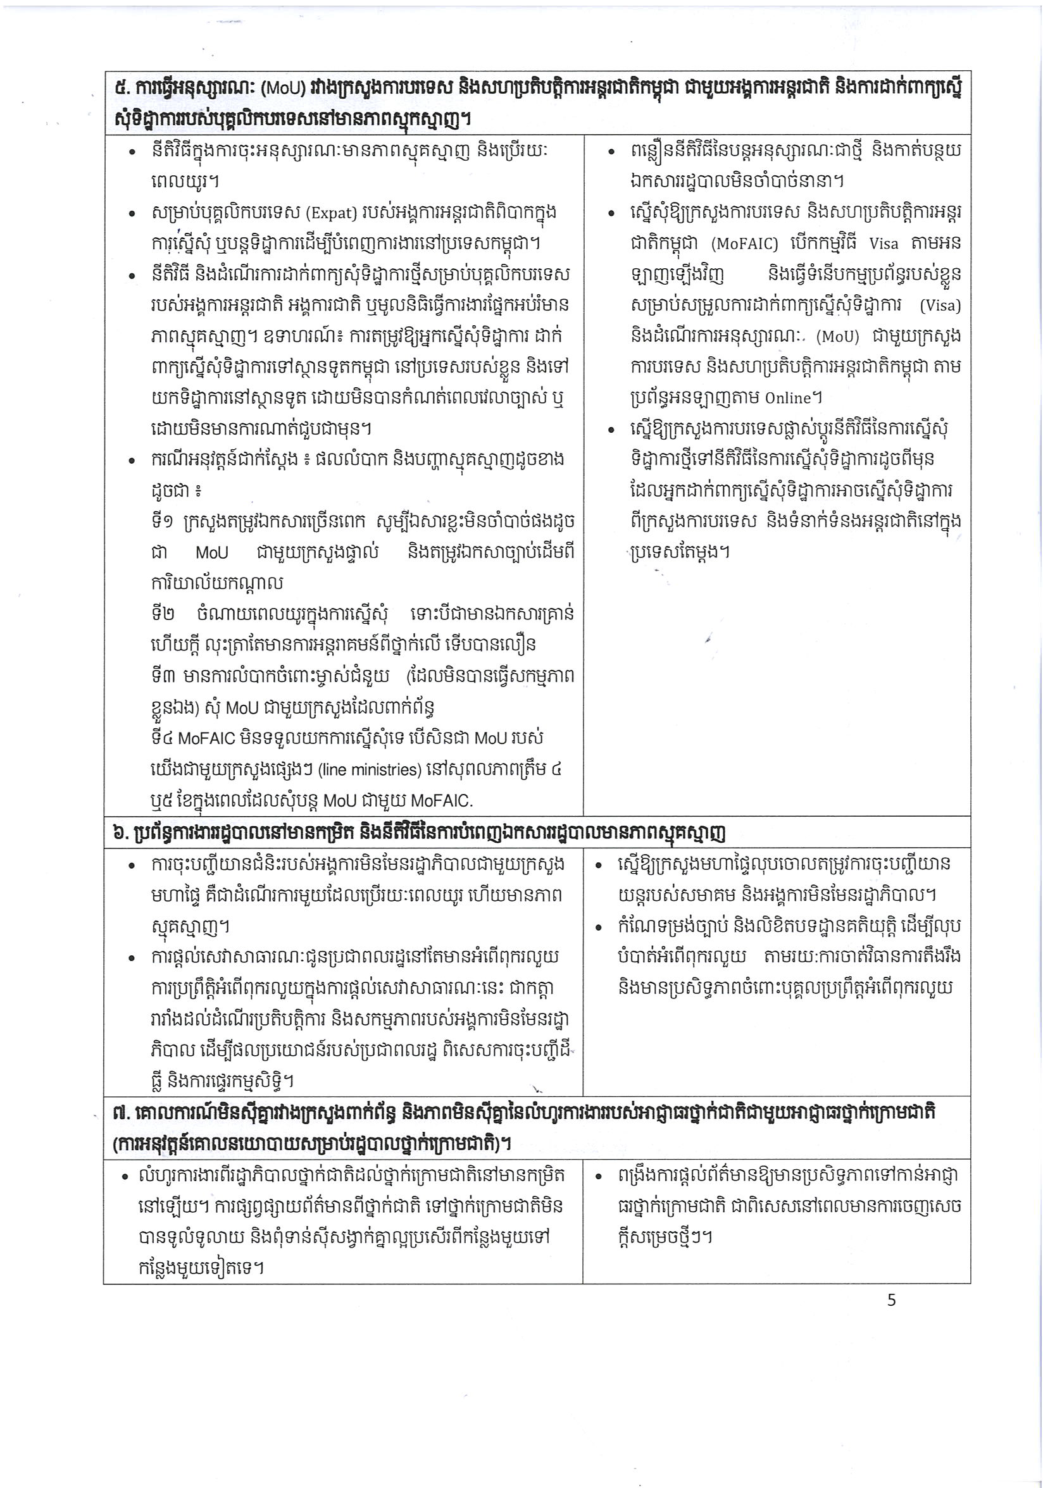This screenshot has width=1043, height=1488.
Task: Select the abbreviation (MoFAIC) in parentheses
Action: pyautogui.click(x=744, y=244)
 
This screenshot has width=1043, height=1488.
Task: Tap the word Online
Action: pyautogui.click(x=787, y=398)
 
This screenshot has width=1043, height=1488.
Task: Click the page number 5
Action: pyautogui.click(x=892, y=1299)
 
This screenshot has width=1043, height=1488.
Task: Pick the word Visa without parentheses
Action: pyautogui.click(x=884, y=244)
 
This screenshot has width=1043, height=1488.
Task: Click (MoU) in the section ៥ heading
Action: pyautogui.click(x=283, y=89)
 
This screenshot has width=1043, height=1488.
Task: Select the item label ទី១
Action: pyautogui.click(x=161, y=521)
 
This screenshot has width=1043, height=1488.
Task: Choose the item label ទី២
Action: pyautogui.click(x=161, y=614)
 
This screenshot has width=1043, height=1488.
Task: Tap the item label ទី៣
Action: pyautogui.click(x=161, y=676)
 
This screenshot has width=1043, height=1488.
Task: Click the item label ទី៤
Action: pyautogui.click(x=161, y=738)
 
